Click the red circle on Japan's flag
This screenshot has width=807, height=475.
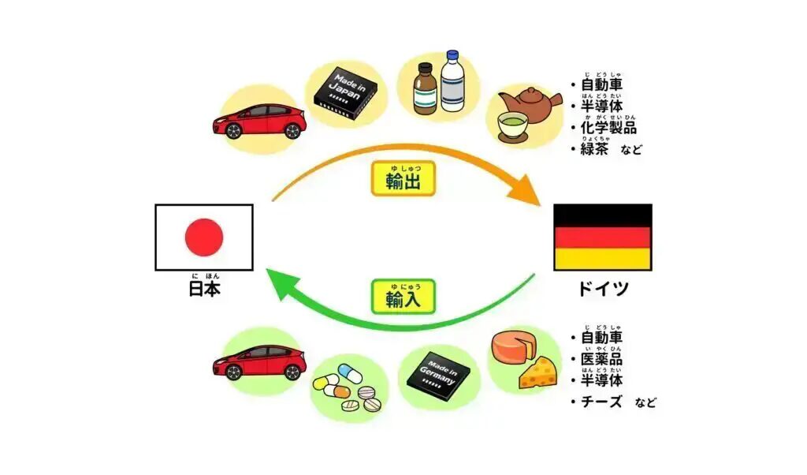(x=204, y=237)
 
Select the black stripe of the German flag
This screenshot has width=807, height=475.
(x=603, y=215)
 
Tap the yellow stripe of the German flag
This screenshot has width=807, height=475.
(x=603, y=260)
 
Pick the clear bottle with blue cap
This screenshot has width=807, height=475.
(x=454, y=81)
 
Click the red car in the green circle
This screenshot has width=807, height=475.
(x=259, y=364)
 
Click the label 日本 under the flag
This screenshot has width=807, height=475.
(x=204, y=290)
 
